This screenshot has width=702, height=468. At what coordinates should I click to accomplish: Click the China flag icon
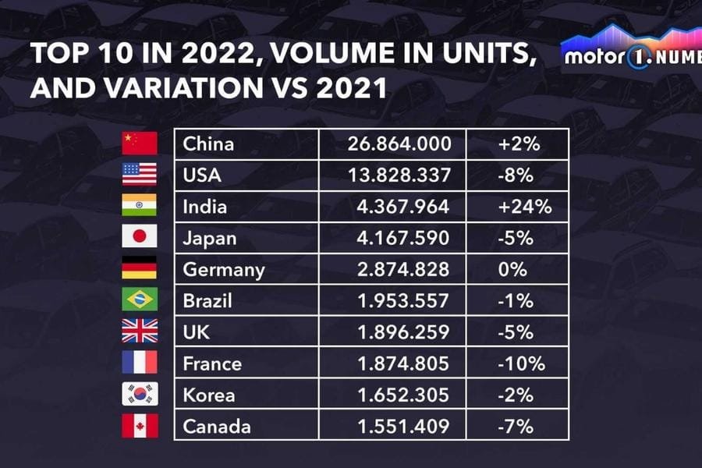pos(140,144)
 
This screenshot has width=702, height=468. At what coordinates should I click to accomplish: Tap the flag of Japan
pos(140,236)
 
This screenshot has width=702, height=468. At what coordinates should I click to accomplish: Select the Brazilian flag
pos(140,300)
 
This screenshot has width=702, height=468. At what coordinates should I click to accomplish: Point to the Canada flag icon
pos(140,426)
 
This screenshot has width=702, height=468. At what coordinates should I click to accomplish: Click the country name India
pos(204,207)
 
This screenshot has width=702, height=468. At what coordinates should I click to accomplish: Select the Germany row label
pos(224,270)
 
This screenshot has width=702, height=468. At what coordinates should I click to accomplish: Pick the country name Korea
pos(208,395)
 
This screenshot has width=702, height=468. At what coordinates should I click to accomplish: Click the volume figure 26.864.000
pos(399,144)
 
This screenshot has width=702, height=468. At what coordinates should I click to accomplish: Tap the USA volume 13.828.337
pos(399,175)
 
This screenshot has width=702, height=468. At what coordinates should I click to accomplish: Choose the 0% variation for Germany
pos(515,270)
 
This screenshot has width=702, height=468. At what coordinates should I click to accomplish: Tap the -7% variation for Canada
pos(516,427)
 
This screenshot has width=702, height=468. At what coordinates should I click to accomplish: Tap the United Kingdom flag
pos(140,331)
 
